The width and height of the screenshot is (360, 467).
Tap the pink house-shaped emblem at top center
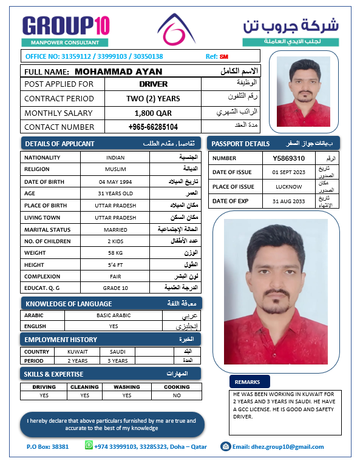click(x=177, y=29)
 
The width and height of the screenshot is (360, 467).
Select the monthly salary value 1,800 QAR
click(x=153, y=113)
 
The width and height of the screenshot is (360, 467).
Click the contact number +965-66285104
click(x=153, y=127)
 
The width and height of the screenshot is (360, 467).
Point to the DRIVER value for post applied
click(x=153, y=84)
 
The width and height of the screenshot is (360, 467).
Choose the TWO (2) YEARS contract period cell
click(x=153, y=98)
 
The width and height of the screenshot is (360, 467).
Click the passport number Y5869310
click(x=288, y=158)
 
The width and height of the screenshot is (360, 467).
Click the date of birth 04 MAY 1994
click(x=115, y=181)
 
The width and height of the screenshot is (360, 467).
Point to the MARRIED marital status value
click(x=115, y=230)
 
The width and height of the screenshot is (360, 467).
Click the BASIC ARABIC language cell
click(x=113, y=315)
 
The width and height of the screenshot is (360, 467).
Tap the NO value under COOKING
click(x=177, y=395)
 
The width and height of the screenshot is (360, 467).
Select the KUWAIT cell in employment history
click(x=78, y=352)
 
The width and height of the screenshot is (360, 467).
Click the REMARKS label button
click(x=249, y=382)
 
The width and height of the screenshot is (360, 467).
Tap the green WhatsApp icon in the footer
click(x=89, y=446)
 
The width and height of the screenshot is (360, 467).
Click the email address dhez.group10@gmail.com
click(x=278, y=447)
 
